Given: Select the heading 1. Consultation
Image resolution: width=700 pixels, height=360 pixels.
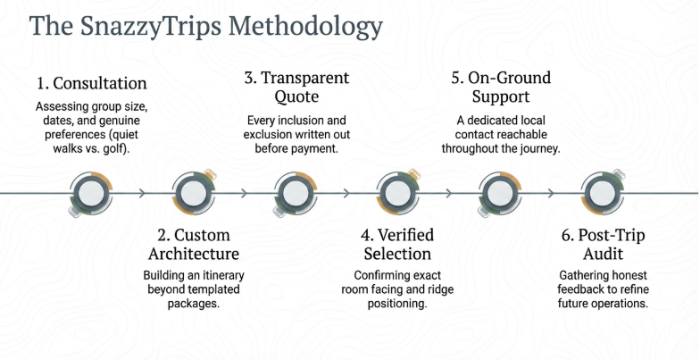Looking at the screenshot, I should [x=92, y=83].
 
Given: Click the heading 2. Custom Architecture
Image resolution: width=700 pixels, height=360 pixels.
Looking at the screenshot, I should [x=194, y=245].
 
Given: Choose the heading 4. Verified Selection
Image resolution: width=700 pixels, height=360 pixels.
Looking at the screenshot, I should [x=397, y=245].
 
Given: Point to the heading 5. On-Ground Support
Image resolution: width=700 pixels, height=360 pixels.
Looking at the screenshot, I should [x=502, y=87].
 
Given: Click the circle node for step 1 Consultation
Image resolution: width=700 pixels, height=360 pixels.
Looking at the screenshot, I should [x=90, y=192].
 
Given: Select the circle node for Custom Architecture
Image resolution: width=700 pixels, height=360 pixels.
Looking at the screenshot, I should [x=193, y=192].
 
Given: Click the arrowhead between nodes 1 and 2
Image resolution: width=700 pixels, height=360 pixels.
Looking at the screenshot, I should [x=141, y=192].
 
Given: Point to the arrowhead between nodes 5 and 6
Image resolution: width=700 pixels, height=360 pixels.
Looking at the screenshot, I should [x=551, y=192].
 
